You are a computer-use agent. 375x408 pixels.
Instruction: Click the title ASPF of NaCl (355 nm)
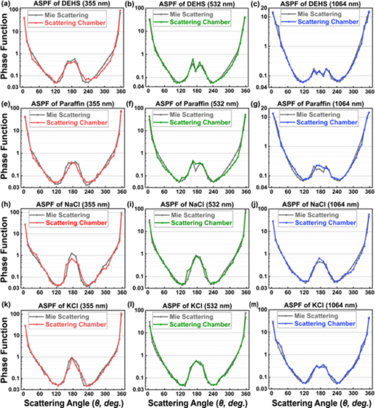click(x=72, y=204)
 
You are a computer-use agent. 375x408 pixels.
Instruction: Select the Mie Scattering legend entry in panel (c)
click(x=319, y=14)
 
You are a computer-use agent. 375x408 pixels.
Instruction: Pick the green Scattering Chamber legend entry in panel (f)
click(x=200, y=122)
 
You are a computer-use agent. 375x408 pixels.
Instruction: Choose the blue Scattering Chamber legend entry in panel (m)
click(x=324, y=323)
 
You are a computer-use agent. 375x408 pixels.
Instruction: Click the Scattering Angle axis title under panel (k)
click(x=73, y=403)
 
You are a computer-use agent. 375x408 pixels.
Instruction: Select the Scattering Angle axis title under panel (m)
click(x=321, y=403)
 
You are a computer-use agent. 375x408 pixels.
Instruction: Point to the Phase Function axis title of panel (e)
click(x=4, y=147)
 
